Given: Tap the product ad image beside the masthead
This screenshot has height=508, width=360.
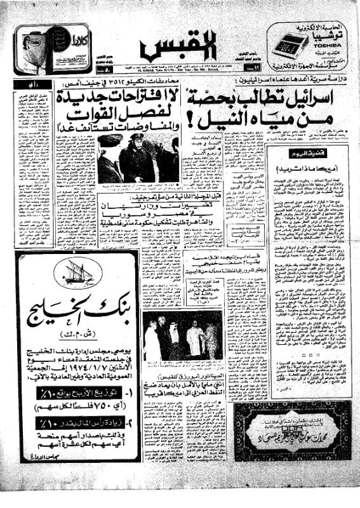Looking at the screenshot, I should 43,48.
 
